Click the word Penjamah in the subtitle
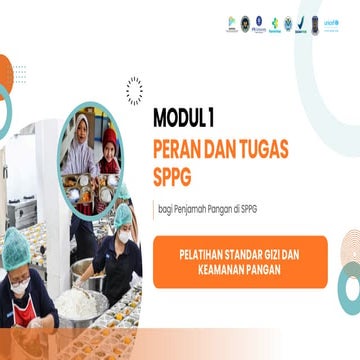coord(190,209)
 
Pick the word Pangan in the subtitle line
coord(227,209)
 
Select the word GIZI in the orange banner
coord(274,254)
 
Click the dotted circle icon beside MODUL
coord(134,91)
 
